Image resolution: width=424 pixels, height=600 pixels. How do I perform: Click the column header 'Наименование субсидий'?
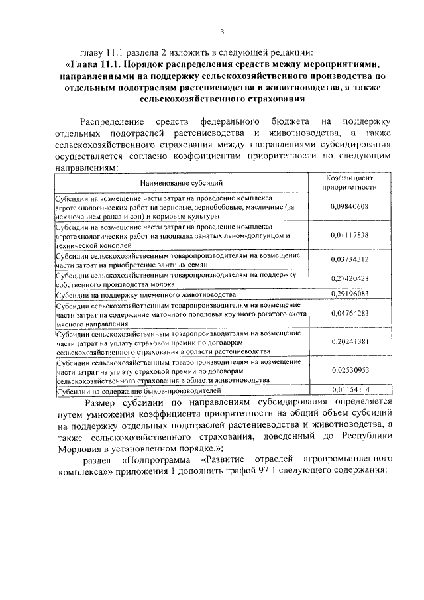[x=181, y=182]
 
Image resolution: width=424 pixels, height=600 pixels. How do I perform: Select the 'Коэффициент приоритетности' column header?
[x=349, y=182]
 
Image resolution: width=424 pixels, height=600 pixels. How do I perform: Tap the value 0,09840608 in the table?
[x=349, y=207]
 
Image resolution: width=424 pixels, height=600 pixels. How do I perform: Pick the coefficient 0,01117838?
[x=349, y=235]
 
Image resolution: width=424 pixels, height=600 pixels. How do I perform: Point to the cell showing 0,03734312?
[x=349, y=259]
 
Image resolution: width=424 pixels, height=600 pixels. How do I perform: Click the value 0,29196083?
[x=349, y=293]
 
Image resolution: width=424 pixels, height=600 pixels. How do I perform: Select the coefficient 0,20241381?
[x=349, y=341]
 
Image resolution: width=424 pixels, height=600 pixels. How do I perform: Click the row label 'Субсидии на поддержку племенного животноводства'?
[x=145, y=294]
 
